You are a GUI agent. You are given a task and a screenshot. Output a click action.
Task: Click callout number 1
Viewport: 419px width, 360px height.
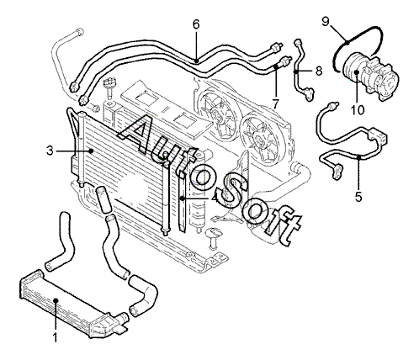[56, 337]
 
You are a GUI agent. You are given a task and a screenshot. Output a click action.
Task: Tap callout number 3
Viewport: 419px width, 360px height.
[50, 151]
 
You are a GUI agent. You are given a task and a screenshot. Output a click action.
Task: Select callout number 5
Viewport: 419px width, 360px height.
[358, 197]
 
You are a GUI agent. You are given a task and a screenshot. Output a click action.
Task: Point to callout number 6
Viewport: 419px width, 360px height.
[196, 24]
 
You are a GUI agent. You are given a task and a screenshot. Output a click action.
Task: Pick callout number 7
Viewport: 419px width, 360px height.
[275, 105]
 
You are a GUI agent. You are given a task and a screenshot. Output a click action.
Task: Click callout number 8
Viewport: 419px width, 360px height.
[319, 71]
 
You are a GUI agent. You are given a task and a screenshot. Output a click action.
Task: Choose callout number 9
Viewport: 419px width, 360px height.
[326, 22]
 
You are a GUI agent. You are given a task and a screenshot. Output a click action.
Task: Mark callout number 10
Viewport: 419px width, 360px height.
[358, 109]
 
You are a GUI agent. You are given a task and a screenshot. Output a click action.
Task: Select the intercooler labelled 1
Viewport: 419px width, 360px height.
[73, 302]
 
